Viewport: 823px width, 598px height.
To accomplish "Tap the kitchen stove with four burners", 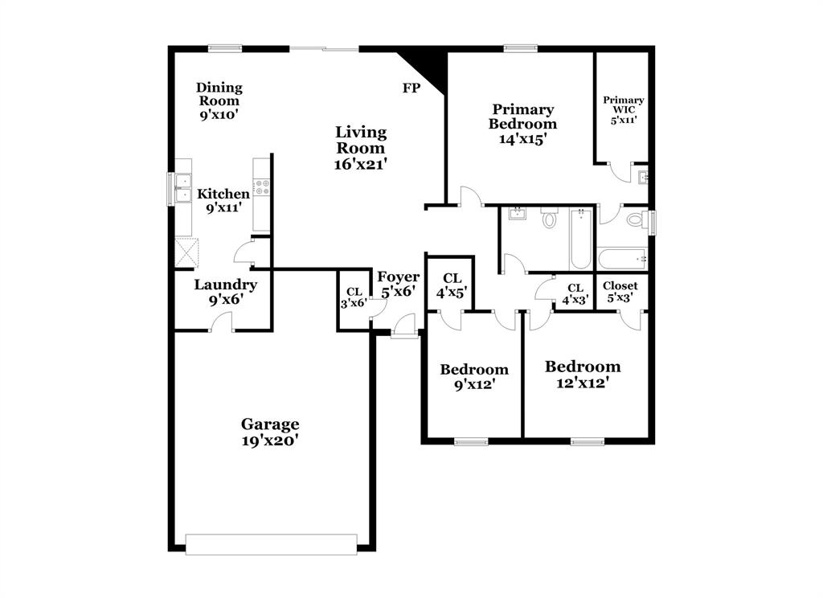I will pos(261,187).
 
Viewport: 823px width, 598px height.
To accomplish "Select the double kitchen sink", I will pos(183,189).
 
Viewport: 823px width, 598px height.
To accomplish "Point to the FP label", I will pos(411,88).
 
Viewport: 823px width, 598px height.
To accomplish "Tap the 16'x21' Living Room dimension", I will pos(362,164).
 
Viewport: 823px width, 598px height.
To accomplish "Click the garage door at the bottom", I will pos(271,544).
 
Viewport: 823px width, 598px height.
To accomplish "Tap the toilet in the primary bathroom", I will pos(634,219).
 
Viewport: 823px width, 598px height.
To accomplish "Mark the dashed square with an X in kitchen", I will pos(186,253).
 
